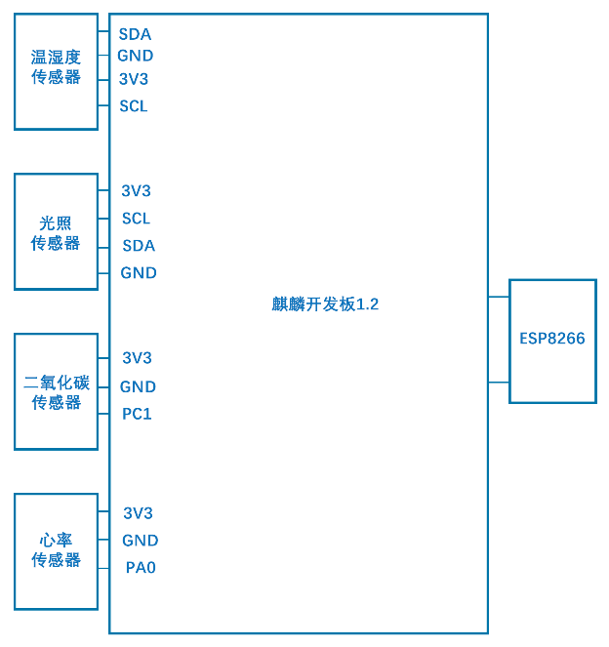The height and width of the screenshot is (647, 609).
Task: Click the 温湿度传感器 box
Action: (56, 71)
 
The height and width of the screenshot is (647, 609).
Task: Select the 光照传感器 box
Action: (56, 231)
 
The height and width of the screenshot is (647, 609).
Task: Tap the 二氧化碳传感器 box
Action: (56, 391)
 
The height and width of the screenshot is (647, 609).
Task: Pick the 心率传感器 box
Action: (56, 551)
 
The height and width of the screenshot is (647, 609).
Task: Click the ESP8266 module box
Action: (552, 341)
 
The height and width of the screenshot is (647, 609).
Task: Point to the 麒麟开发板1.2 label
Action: (325, 304)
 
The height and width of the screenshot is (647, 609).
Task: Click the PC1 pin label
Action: (137, 414)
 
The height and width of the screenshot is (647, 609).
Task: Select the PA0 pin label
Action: (141, 567)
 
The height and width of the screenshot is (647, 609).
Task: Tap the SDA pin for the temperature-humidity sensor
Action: (135, 34)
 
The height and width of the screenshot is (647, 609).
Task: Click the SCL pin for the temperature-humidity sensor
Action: (134, 106)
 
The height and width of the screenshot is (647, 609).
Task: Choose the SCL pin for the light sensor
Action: (136, 219)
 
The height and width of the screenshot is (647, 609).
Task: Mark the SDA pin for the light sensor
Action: (139, 246)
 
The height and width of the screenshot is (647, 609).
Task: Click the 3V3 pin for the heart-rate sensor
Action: (138, 513)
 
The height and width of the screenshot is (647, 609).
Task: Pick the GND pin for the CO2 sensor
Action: (138, 386)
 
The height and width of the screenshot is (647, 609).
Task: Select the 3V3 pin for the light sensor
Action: (136, 191)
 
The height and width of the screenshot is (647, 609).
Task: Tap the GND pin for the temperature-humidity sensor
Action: (136, 56)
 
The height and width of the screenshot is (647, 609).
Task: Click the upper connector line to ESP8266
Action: (499, 296)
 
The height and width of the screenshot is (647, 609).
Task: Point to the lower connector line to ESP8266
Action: (499, 383)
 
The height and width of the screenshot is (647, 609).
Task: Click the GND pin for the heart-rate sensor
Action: (140, 541)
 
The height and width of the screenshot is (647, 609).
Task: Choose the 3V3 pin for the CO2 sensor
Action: (137, 358)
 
